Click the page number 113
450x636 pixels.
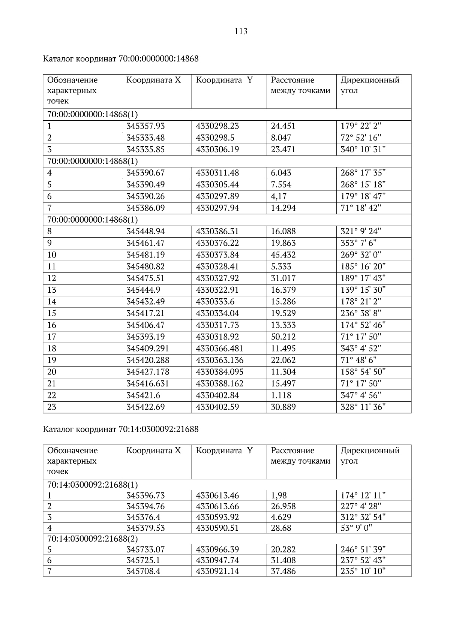pyautogui.click(x=241, y=31)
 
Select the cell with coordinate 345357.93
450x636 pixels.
pyautogui.click(x=145, y=126)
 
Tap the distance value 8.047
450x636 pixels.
pyautogui.click(x=281, y=138)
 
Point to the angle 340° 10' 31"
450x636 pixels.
pyautogui.click(x=363, y=150)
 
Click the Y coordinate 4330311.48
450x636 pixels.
pyautogui.click(x=217, y=173)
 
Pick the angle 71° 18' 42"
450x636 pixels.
pyautogui.click(x=361, y=208)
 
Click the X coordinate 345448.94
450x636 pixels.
pyautogui.click(x=145, y=231)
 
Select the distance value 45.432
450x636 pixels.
pyautogui.click(x=283, y=255)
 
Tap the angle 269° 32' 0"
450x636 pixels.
pyautogui.click(x=361, y=255)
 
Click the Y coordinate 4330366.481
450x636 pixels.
pyautogui.click(x=219, y=349)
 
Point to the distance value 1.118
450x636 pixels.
pyautogui.click(x=281, y=395)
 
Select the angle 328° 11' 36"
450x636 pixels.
pyautogui.click(x=363, y=407)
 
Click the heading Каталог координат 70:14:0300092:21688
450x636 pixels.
pyautogui.click(x=121, y=429)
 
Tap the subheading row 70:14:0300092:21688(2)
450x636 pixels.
pyautogui.click(x=93, y=539)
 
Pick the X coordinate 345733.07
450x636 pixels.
pyautogui.click(x=145, y=550)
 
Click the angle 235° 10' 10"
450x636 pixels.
pyautogui.click(x=363, y=572)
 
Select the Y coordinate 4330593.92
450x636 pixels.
pyautogui.click(x=217, y=517)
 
